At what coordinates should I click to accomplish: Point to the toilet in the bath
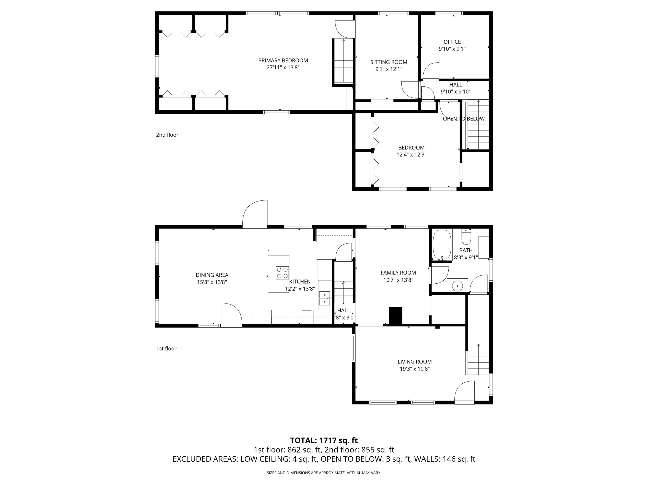[466, 238]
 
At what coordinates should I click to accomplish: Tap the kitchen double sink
[324, 298]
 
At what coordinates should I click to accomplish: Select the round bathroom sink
[457, 285]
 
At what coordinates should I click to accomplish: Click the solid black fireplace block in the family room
[395, 316]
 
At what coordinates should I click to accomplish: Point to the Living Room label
[415, 362]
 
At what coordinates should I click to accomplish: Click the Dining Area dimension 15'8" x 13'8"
[212, 282]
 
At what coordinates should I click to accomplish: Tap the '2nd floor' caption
[167, 135]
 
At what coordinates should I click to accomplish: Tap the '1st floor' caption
[166, 349]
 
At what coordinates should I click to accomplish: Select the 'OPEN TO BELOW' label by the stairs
[464, 119]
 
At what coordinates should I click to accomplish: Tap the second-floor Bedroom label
[411, 148]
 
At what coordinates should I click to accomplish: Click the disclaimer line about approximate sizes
[324, 473]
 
